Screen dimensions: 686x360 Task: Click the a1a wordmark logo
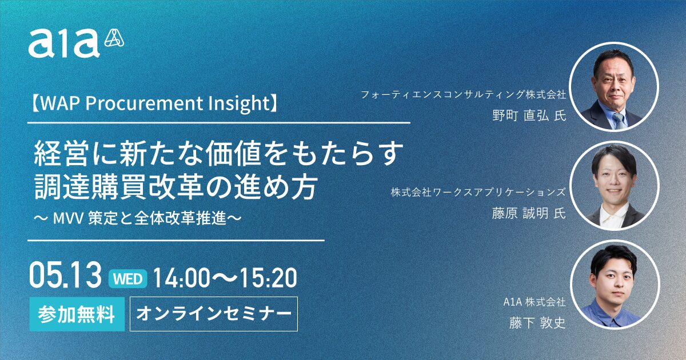click(64, 43)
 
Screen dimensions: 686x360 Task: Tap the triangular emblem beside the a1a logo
click(114, 38)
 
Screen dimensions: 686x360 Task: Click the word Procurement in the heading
click(144, 103)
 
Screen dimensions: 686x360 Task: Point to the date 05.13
click(65, 275)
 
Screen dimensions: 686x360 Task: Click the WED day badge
click(127, 279)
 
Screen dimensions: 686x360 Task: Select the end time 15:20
click(268, 278)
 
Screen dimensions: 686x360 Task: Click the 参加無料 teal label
click(77, 314)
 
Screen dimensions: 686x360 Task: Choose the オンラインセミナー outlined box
click(214, 314)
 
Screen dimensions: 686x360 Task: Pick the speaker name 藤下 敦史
click(537, 323)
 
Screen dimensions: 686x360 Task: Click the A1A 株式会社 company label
click(535, 302)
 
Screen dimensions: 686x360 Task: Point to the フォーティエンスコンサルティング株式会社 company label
click(464, 95)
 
